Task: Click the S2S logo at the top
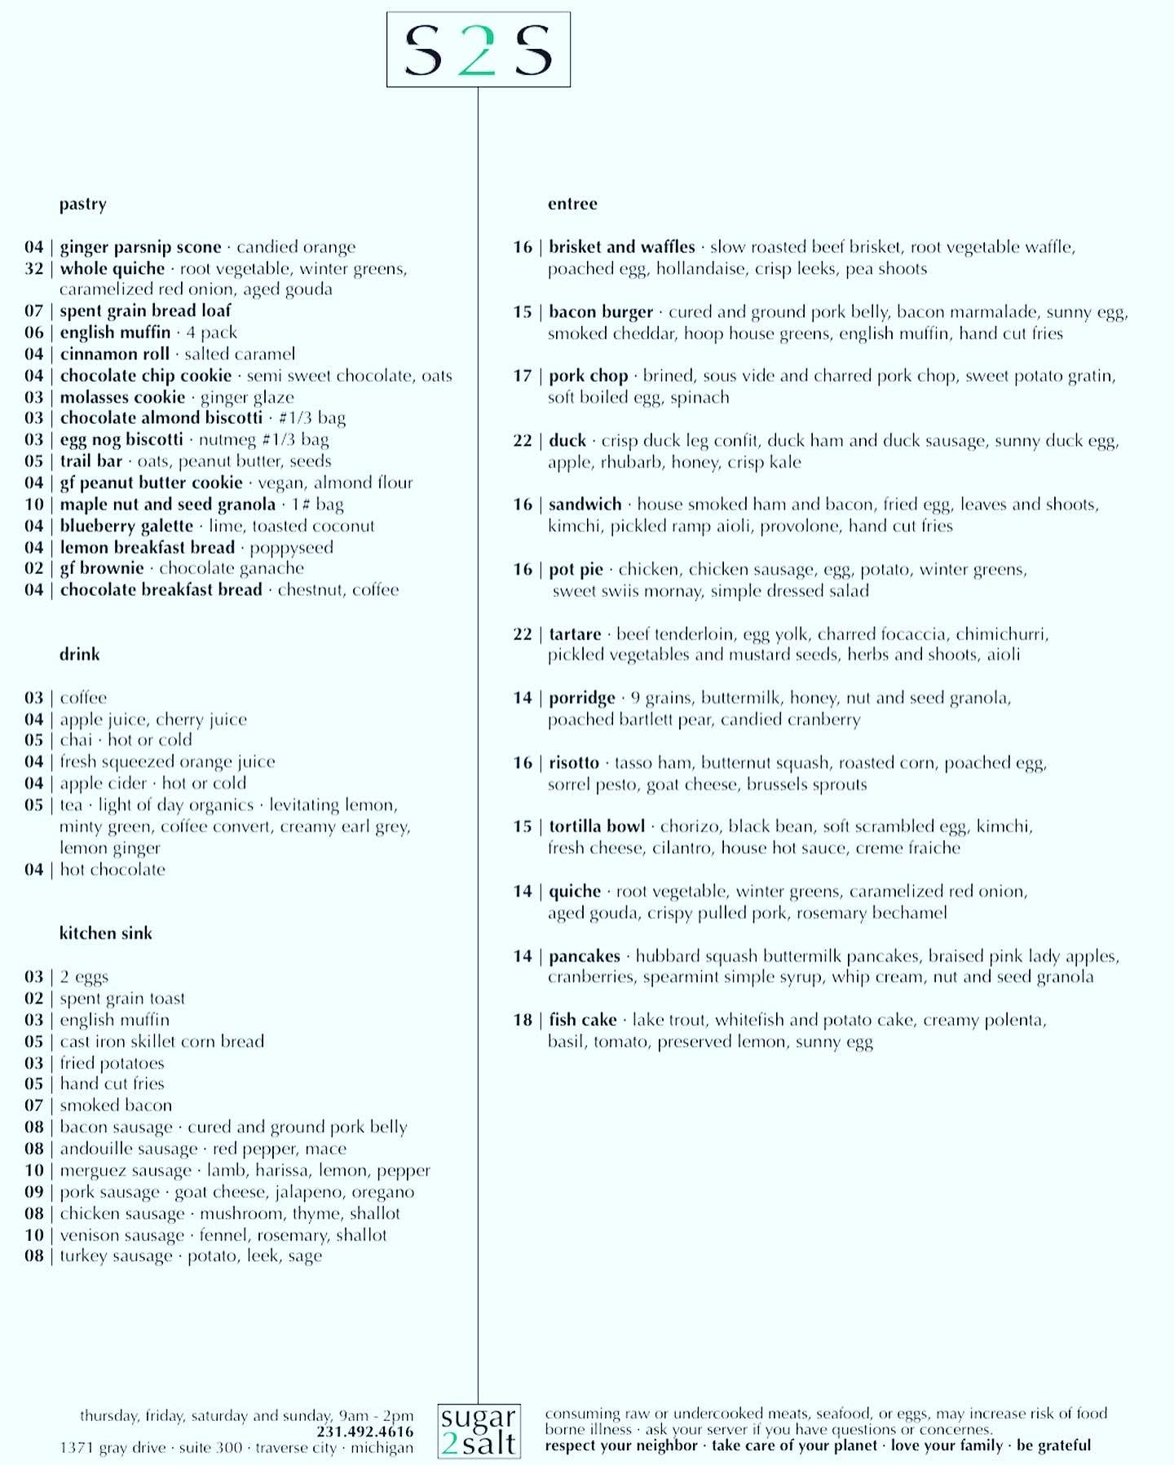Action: (x=478, y=50)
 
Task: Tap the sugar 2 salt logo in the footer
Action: (x=479, y=1431)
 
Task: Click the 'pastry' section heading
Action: (x=82, y=204)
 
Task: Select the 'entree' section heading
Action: (x=572, y=204)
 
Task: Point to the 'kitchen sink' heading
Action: (x=105, y=933)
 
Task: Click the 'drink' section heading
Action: (x=79, y=655)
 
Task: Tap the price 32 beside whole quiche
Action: (x=33, y=268)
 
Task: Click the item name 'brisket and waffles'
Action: (x=621, y=247)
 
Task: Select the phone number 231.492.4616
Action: (x=364, y=1432)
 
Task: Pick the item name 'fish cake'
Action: (x=582, y=1020)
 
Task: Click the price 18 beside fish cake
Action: (x=523, y=1020)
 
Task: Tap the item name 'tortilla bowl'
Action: (x=597, y=827)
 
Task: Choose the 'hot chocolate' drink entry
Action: (x=113, y=870)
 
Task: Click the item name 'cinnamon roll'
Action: (x=114, y=354)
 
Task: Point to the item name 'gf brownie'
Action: (x=101, y=568)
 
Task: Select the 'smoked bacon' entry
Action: (x=116, y=1105)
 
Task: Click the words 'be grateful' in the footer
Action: (x=1053, y=1445)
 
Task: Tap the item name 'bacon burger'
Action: (x=601, y=312)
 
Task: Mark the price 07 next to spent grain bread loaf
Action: (x=33, y=311)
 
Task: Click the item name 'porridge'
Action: (x=581, y=698)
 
